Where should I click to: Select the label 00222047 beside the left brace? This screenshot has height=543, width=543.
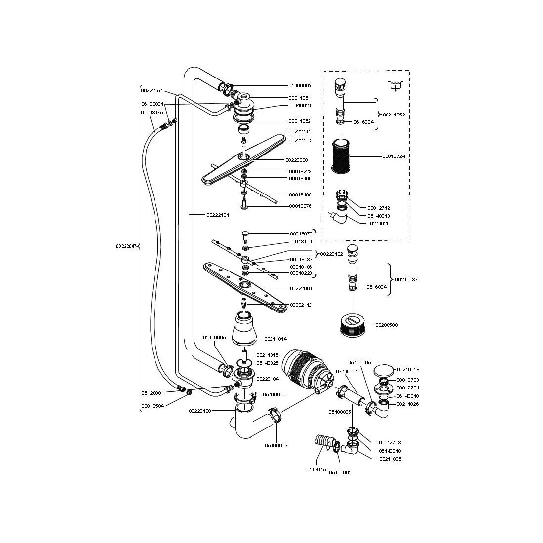[x=126, y=246]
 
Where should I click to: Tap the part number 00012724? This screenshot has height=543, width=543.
[x=393, y=156]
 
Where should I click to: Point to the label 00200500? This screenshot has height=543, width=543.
[x=387, y=325]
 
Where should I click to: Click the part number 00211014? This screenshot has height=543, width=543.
[x=275, y=339]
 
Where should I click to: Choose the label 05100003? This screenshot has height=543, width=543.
[x=276, y=445]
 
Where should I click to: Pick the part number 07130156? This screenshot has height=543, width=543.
[x=317, y=469]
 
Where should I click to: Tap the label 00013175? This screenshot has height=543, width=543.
[x=152, y=113]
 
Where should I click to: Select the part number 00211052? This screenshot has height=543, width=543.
[x=393, y=115]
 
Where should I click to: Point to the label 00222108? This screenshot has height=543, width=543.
[x=200, y=411]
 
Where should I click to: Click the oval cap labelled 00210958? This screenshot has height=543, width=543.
[x=384, y=370]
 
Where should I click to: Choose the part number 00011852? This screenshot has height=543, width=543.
[x=300, y=121]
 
